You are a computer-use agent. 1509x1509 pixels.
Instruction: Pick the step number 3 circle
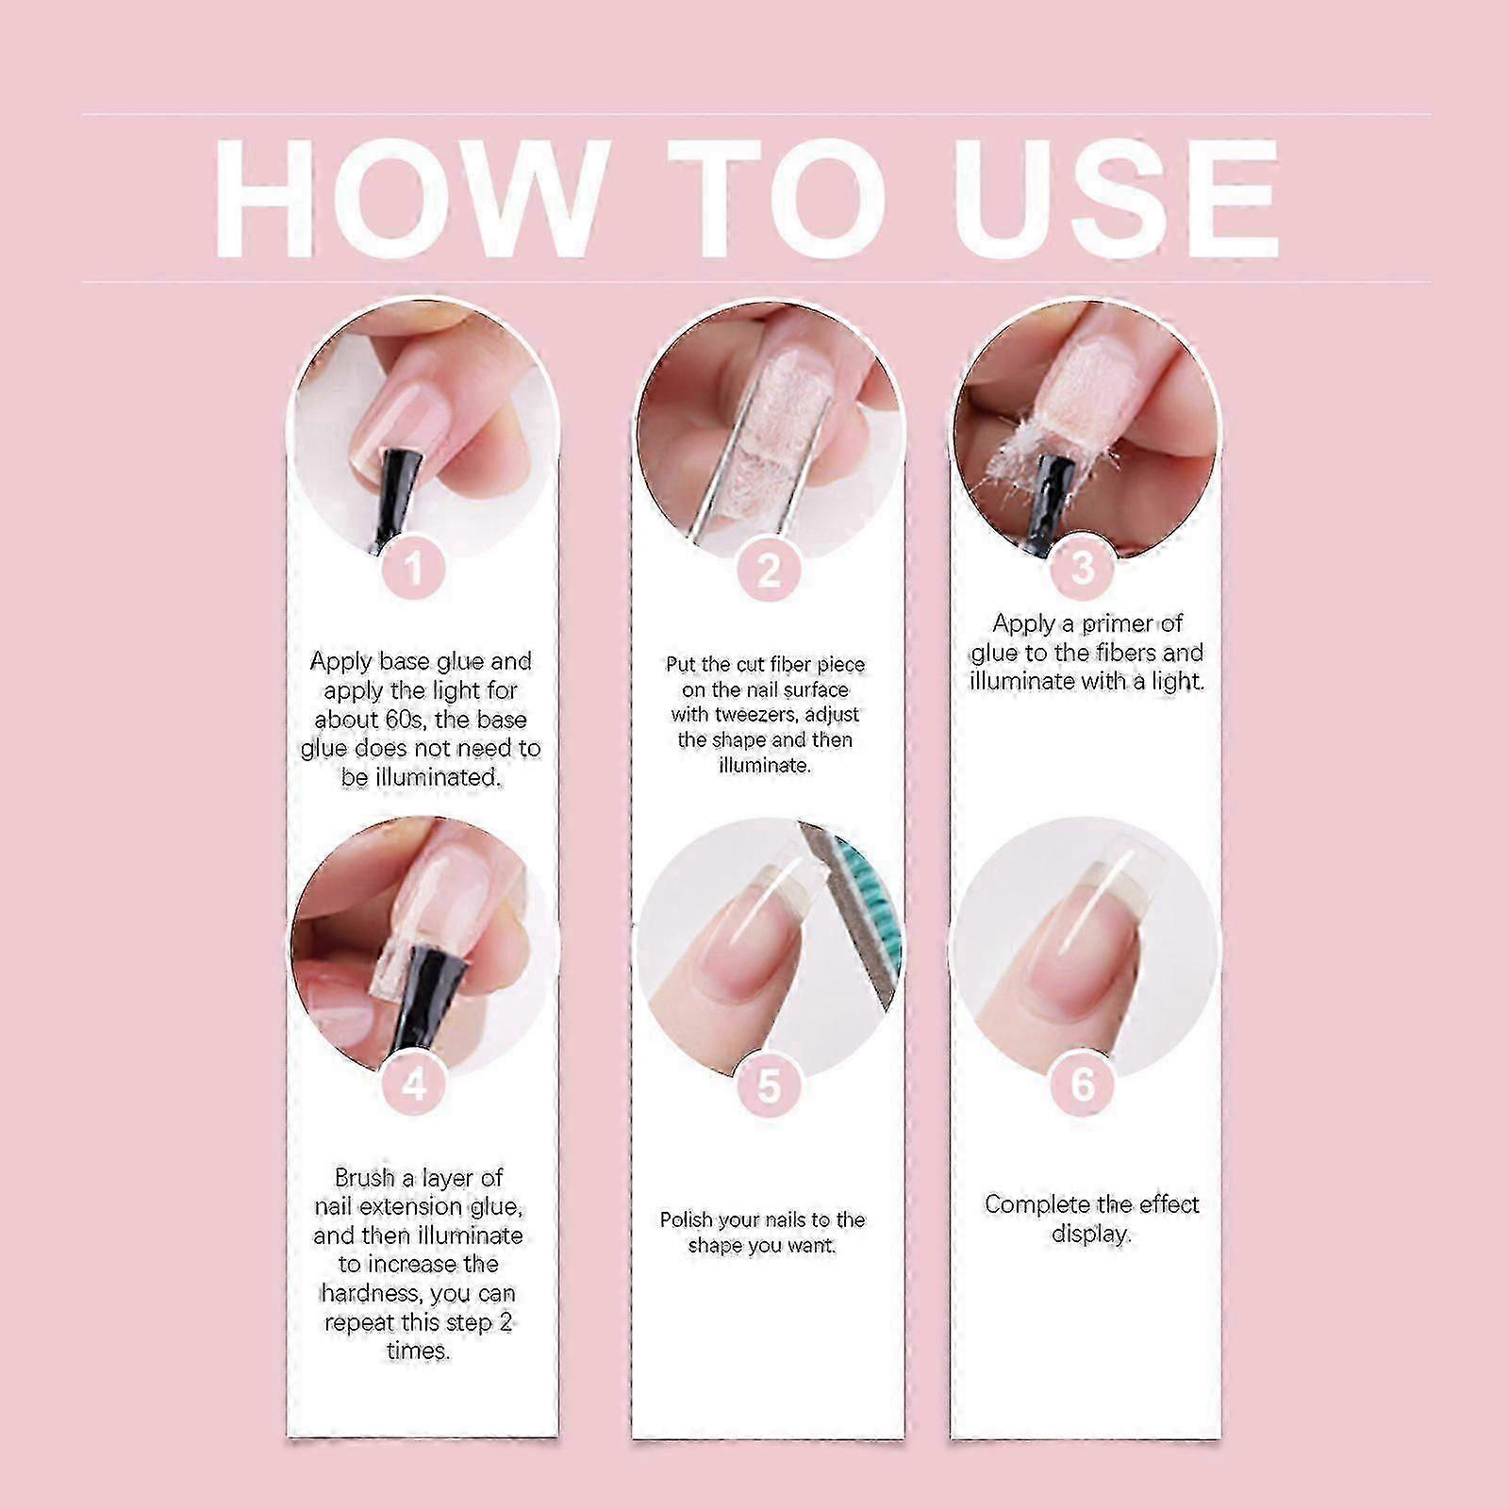pos(1083,567)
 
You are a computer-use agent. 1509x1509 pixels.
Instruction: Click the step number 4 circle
pos(414,1086)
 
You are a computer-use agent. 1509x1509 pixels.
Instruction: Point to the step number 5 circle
pos(768,1086)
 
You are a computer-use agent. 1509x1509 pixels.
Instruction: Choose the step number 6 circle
pos(1083,1084)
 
